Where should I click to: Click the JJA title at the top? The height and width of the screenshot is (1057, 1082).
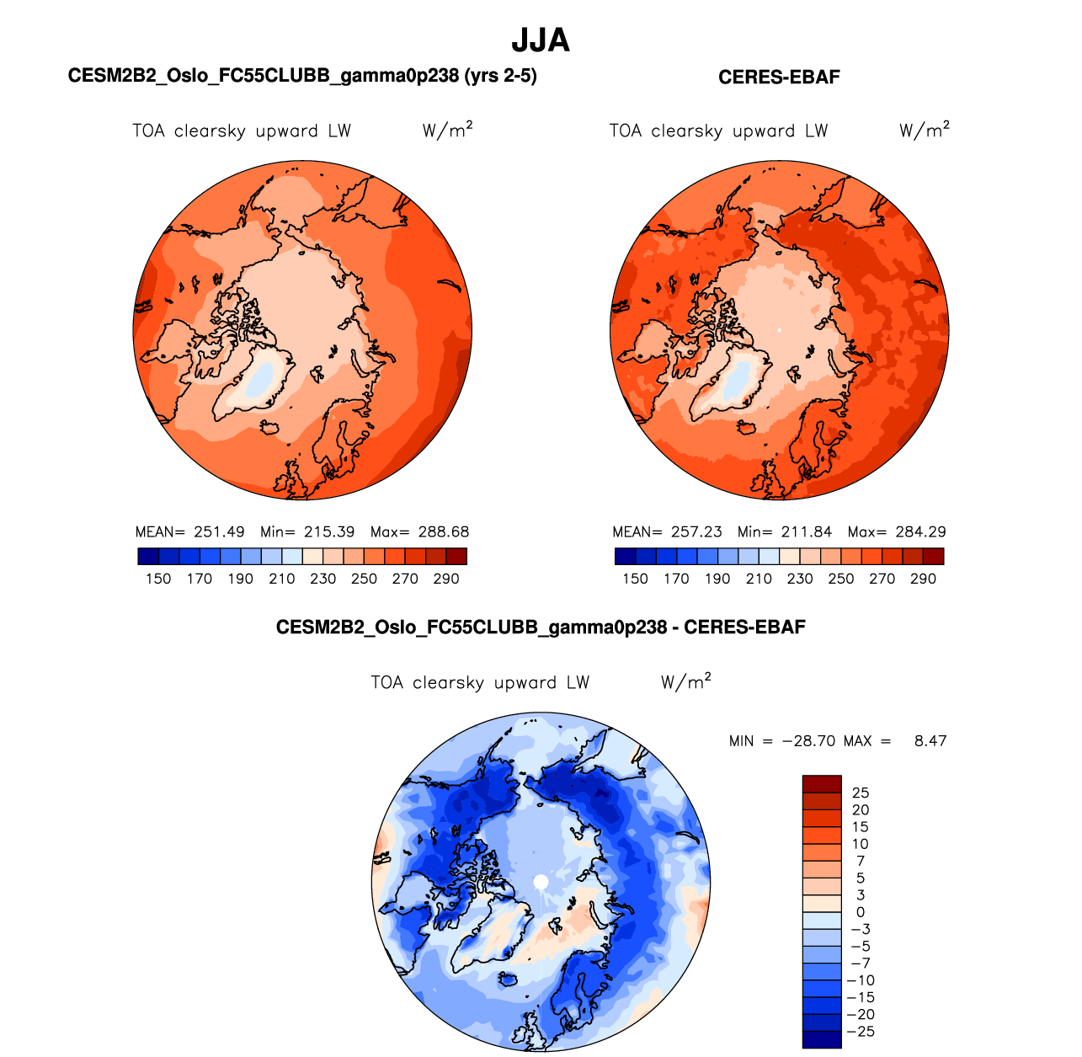coord(541,40)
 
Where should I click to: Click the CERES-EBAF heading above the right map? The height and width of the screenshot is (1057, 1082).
coord(779,77)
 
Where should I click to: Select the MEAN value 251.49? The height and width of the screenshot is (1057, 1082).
coord(219,532)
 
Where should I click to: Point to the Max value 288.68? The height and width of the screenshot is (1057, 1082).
coord(444,532)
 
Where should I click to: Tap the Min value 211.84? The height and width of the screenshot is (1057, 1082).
coord(807,532)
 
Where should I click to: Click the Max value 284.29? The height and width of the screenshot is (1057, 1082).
coord(920,532)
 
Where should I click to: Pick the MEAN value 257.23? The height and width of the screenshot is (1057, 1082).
coord(696,532)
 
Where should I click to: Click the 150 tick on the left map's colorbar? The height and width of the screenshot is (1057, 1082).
coord(158,579)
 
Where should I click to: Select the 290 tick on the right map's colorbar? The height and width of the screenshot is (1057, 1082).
coord(924,579)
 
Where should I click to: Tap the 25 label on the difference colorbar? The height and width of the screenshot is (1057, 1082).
coord(861,793)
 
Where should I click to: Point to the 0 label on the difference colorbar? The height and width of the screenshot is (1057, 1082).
coord(861,912)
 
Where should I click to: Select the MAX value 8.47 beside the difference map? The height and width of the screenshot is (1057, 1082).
coord(930,741)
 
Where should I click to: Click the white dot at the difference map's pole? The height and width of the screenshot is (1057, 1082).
coord(541,882)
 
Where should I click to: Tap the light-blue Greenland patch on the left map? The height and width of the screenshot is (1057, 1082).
coord(263,376)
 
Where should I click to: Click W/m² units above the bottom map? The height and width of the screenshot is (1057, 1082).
coord(685,682)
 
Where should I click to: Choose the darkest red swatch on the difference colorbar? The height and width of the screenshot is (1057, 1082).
coord(822,783)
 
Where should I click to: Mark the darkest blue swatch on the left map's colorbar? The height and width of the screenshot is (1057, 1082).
coord(148,556)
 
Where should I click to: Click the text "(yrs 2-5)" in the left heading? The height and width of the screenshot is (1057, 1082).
coord(500,76)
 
